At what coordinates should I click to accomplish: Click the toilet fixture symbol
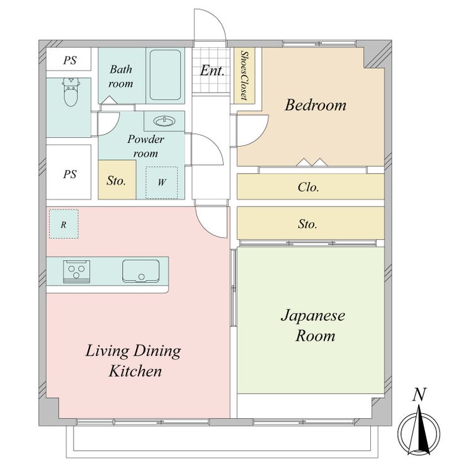71,92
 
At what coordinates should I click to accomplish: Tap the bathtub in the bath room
165,75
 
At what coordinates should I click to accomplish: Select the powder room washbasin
164,121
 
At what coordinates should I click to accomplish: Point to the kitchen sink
141,271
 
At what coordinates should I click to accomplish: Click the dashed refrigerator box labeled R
64,224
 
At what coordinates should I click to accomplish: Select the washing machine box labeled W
161,183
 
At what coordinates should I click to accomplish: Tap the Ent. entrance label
212,71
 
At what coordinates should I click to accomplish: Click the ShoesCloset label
244,75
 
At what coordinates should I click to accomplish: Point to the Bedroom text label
315,105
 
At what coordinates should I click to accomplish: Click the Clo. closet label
308,187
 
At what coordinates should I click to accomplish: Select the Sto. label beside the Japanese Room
307,224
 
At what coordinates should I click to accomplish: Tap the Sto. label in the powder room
116,180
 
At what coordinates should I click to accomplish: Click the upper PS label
70,60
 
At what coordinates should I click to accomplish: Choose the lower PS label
70,174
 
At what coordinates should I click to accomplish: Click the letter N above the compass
419,394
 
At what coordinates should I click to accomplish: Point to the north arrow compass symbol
419,430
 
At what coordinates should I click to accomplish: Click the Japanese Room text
313,326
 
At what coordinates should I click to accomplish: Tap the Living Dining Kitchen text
134,360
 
